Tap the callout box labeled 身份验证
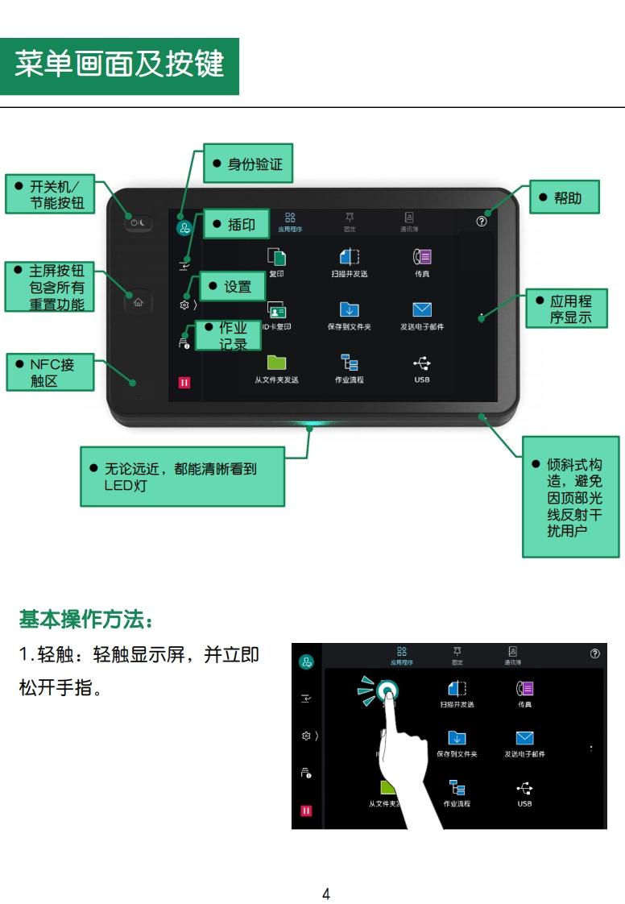pos(247,164)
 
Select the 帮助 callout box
pos(564,197)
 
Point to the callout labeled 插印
pos(234,224)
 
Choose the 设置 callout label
pos(232,287)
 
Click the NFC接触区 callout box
pos(50,372)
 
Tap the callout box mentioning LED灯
pos(182,476)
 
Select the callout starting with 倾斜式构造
pos(570,496)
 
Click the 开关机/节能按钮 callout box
pos(50,194)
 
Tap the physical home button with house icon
pos(138,302)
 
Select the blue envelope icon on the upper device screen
pos(422,310)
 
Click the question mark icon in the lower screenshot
pos(595,653)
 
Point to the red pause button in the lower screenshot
pos(306,811)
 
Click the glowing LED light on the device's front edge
pos(310,423)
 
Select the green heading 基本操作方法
pos(85,620)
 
